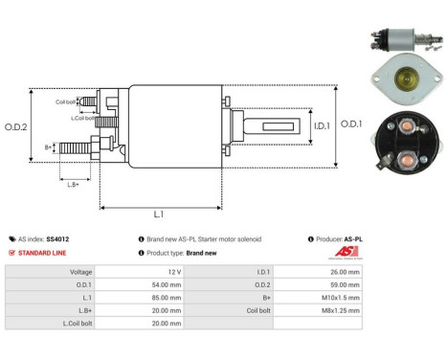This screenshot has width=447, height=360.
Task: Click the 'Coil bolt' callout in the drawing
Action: click(66, 100)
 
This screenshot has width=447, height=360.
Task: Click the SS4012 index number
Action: click(57, 238)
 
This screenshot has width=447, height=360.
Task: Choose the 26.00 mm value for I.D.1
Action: click(344, 272)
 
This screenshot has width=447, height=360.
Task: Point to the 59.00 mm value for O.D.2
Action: click(344, 284)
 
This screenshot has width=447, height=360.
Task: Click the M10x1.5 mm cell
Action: click(341, 298)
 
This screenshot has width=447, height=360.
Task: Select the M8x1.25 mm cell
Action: click(341, 311)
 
